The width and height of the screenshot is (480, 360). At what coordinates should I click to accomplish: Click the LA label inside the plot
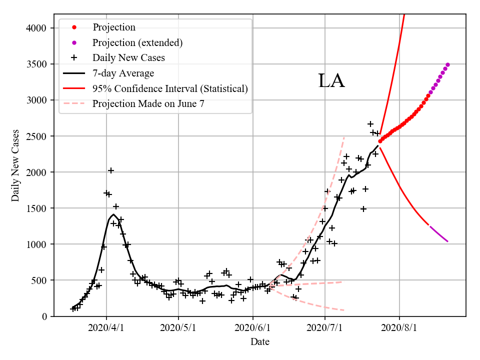coord(331,81)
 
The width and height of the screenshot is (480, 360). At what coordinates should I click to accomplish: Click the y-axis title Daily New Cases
coord(15,166)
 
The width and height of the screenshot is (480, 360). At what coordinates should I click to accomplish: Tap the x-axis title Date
coord(260,342)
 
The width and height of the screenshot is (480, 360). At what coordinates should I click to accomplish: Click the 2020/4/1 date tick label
coord(106,328)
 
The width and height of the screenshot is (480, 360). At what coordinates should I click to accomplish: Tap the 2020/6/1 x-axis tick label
coord(253,328)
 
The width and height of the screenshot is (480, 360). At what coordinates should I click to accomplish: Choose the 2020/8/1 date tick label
coord(399,328)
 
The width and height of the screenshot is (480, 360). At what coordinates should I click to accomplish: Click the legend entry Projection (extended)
coord(137,42)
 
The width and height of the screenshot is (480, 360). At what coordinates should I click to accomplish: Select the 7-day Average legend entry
coord(123,73)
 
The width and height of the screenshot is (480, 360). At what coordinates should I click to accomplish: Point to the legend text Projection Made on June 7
coord(148,103)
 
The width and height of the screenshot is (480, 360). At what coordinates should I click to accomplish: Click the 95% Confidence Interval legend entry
coord(170,88)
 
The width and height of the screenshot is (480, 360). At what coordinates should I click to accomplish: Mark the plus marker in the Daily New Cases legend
coord(74,57)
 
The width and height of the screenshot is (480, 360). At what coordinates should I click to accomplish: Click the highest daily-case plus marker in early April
coord(111,170)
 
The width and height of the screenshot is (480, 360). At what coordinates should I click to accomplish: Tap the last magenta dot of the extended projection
coord(447,64)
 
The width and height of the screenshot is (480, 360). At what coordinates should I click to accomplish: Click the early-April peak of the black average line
coord(113,214)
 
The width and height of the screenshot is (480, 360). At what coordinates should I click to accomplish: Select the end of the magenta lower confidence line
coord(447,241)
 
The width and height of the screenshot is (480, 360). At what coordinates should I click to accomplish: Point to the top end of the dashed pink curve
coord(344,137)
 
